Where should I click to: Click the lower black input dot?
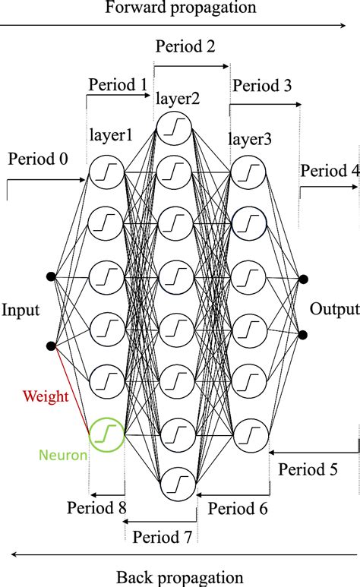click(51, 346)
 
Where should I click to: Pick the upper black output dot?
click(303, 280)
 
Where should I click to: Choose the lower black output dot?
click(303, 334)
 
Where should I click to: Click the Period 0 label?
click(38, 159)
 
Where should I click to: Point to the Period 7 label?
click(161, 537)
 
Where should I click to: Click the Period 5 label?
click(308, 469)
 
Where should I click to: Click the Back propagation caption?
click(180, 577)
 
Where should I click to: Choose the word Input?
click(21, 311)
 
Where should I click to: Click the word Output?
click(334, 309)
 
